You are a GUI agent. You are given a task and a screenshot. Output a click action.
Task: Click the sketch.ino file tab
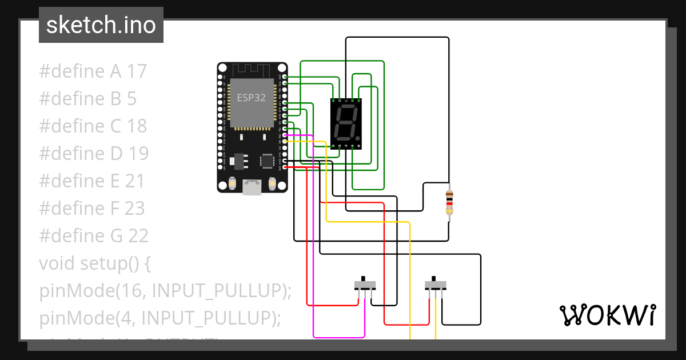pyautogui.click(x=101, y=25)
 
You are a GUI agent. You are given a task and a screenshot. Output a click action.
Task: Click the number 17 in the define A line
pyautogui.click(x=137, y=71)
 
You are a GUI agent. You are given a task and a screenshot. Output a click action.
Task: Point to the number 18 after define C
pyautogui.click(x=137, y=126)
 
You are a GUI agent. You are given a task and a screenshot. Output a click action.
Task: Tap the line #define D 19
pyautogui.click(x=94, y=154)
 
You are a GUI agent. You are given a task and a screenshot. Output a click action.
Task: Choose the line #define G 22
pyautogui.click(x=94, y=236)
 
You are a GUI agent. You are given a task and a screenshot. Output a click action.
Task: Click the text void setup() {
pyautogui.click(x=94, y=263)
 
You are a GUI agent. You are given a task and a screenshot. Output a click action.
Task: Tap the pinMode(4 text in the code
pyautogui.click(x=86, y=318)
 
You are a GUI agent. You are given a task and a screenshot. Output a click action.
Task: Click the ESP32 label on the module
pyautogui.click(x=252, y=98)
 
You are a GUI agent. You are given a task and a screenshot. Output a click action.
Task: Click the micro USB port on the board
pyautogui.click(x=252, y=187)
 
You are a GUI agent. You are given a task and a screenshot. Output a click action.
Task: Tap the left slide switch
pyautogui.click(x=365, y=284)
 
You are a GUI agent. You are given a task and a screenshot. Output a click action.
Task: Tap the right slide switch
pyautogui.click(x=436, y=284)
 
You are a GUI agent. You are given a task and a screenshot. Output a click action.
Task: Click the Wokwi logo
pyautogui.click(x=607, y=315)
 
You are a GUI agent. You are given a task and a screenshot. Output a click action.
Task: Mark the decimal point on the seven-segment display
pyautogui.click(x=357, y=138)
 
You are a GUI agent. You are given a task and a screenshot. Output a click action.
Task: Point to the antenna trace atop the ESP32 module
pyautogui.click(x=252, y=70)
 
